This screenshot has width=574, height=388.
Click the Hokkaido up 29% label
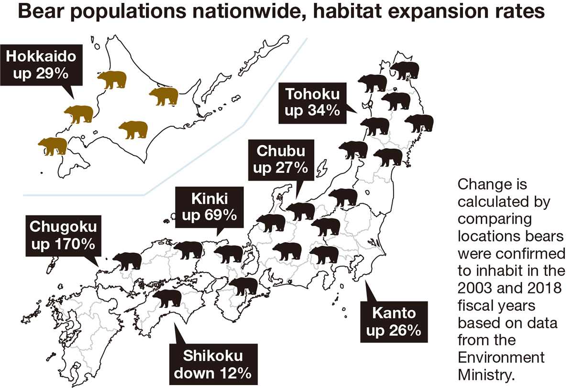[41, 66]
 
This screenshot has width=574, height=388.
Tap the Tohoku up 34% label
[312, 102]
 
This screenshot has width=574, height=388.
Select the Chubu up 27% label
[281, 160]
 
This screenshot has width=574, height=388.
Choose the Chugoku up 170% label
[63, 235]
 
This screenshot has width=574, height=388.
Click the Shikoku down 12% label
[212, 364]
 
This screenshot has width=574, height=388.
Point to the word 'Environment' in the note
[501, 356]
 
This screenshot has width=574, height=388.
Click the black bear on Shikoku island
[167, 298]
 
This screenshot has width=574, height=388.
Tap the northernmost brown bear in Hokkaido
[112, 79]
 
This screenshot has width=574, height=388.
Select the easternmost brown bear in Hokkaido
[164, 96]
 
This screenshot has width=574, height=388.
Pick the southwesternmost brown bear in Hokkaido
[53, 146]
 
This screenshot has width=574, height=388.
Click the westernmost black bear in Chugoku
[127, 261]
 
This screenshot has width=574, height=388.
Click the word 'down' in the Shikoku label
[192, 373]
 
